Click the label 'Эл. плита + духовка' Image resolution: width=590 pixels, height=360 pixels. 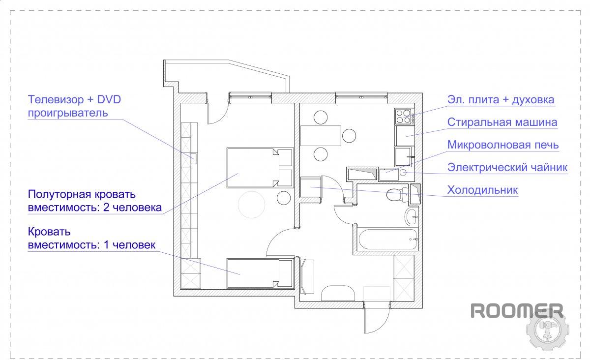(501, 100)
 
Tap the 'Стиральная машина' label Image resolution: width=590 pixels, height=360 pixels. (502, 122)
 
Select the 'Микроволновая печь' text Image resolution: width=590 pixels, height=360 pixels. (503, 145)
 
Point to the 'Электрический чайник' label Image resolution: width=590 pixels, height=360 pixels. (507, 168)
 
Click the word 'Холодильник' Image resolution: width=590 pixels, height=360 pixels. (482, 190)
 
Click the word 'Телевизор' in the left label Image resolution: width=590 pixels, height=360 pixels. (56, 100)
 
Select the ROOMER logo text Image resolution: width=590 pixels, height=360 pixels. (517, 311)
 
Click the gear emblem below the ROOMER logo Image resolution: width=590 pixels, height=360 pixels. (547, 330)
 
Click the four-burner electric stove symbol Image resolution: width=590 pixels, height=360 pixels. (403, 116)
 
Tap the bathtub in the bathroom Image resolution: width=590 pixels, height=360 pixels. (387, 240)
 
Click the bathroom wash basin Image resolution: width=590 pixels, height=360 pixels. (411, 216)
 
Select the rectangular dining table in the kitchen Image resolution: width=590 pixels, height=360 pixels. (321, 136)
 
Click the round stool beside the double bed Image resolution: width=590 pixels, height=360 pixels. (283, 198)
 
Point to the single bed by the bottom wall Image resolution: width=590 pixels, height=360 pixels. (260, 273)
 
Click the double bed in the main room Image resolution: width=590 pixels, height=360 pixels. (260, 168)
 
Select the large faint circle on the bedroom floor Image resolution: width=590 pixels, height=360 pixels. (252, 205)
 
